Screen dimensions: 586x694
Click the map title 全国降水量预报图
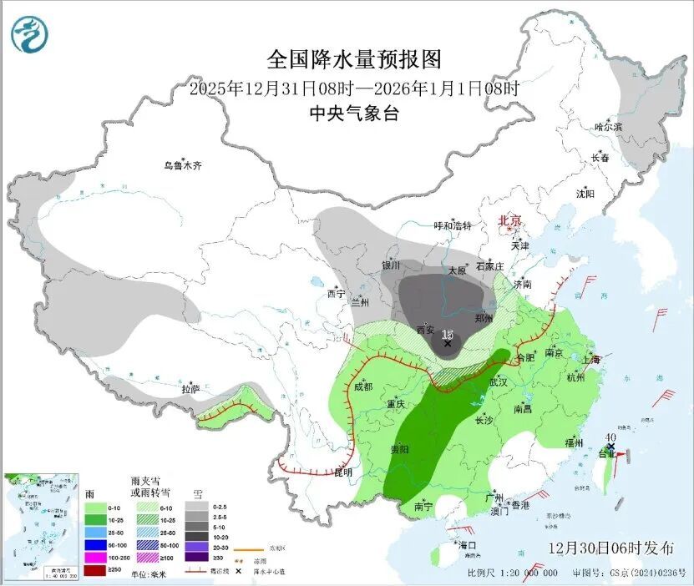(x=353, y=60)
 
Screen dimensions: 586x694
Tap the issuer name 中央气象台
(x=353, y=114)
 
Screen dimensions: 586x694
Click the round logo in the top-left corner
(x=30, y=34)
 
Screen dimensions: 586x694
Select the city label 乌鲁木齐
(x=182, y=165)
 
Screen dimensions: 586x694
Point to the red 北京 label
(x=509, y=220)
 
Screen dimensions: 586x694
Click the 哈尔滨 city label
(x=608, y=127)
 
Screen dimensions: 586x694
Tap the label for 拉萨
(x=190, y=389)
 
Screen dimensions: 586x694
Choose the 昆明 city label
(x=342, y=472)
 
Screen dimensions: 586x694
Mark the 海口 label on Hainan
(x=467, y=544)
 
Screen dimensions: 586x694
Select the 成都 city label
(x=362, y=386)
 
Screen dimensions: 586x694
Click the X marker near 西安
(x=448, y=343)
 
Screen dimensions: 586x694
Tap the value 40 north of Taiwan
(x=611, y=437)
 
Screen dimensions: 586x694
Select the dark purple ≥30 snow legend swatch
(x=196, y=558)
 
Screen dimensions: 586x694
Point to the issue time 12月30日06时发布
(x=611, y=548)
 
